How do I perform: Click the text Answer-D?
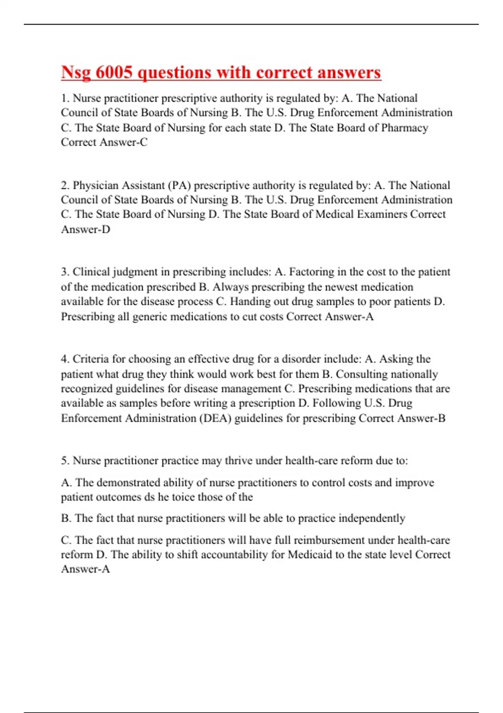click(x=86, y=229)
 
